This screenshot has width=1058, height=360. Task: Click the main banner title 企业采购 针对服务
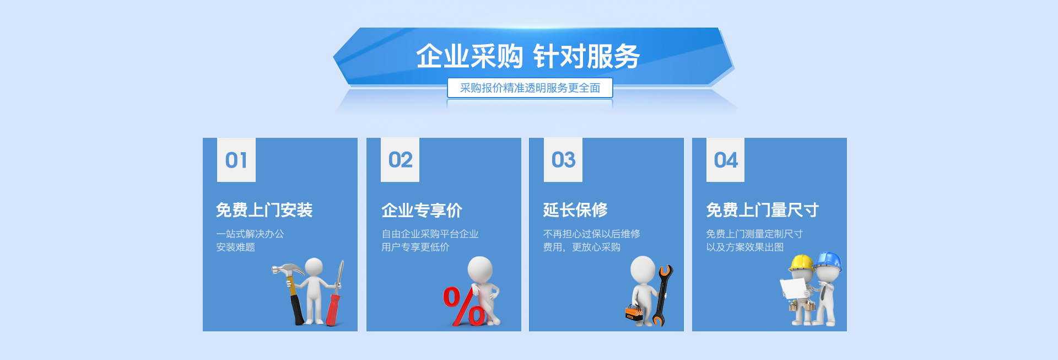[x=527, y=56]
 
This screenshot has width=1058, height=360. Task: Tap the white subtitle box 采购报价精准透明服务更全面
[x=530, y=88]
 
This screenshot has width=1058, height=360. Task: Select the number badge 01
[x=236, y=160]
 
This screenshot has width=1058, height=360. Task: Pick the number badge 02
[x=400, y=160]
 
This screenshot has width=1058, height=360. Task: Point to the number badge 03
[x=563, y=160]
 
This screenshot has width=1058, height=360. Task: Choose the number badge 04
[x=726, y=160]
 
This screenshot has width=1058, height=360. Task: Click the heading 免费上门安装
[x=264, y=210]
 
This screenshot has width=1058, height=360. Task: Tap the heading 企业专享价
[x=422, y=210]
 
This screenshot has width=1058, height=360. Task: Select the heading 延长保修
[x=575, y=210]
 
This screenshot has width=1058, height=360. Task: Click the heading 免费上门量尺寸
[x=763, y=210]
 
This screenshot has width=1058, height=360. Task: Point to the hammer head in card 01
[x=287, y=270]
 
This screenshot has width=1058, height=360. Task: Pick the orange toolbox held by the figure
[x=634, y=313]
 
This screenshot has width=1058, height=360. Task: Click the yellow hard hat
[x=801, y=262]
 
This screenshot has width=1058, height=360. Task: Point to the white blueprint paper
[x=793, y=289]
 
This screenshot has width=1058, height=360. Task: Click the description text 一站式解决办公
[x=250, y=234]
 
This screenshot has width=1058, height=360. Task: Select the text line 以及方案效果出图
[x=745, y=247]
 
